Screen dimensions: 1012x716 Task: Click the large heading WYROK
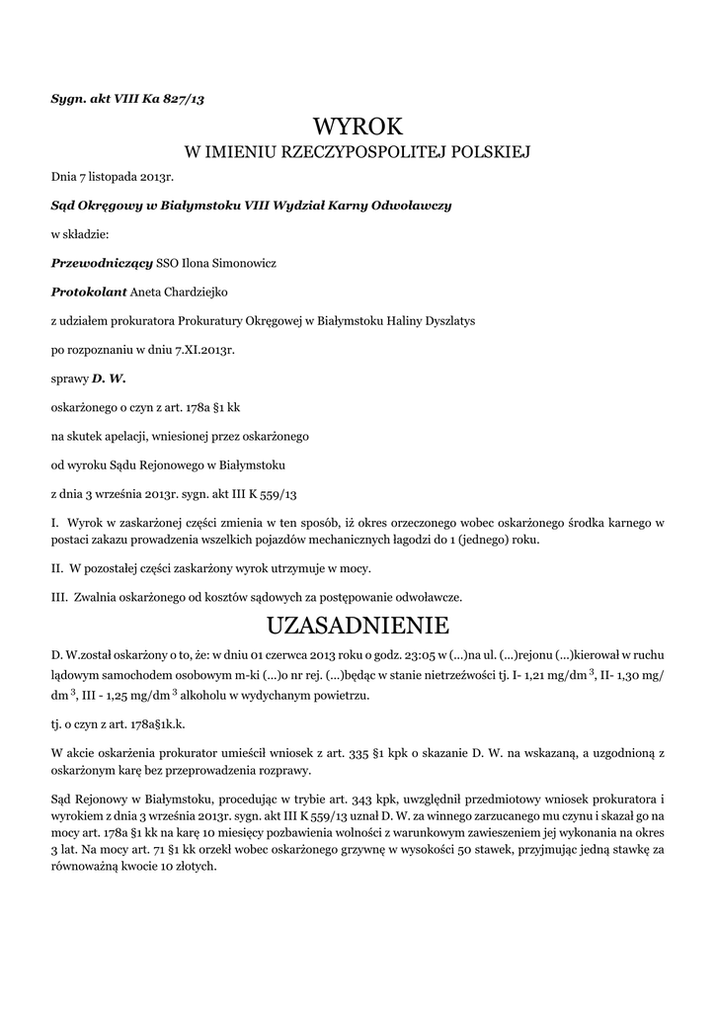pyautogui.click(x=358, y=126)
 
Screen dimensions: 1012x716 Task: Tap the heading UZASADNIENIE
pyautogui.click(x=358, y=626)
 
